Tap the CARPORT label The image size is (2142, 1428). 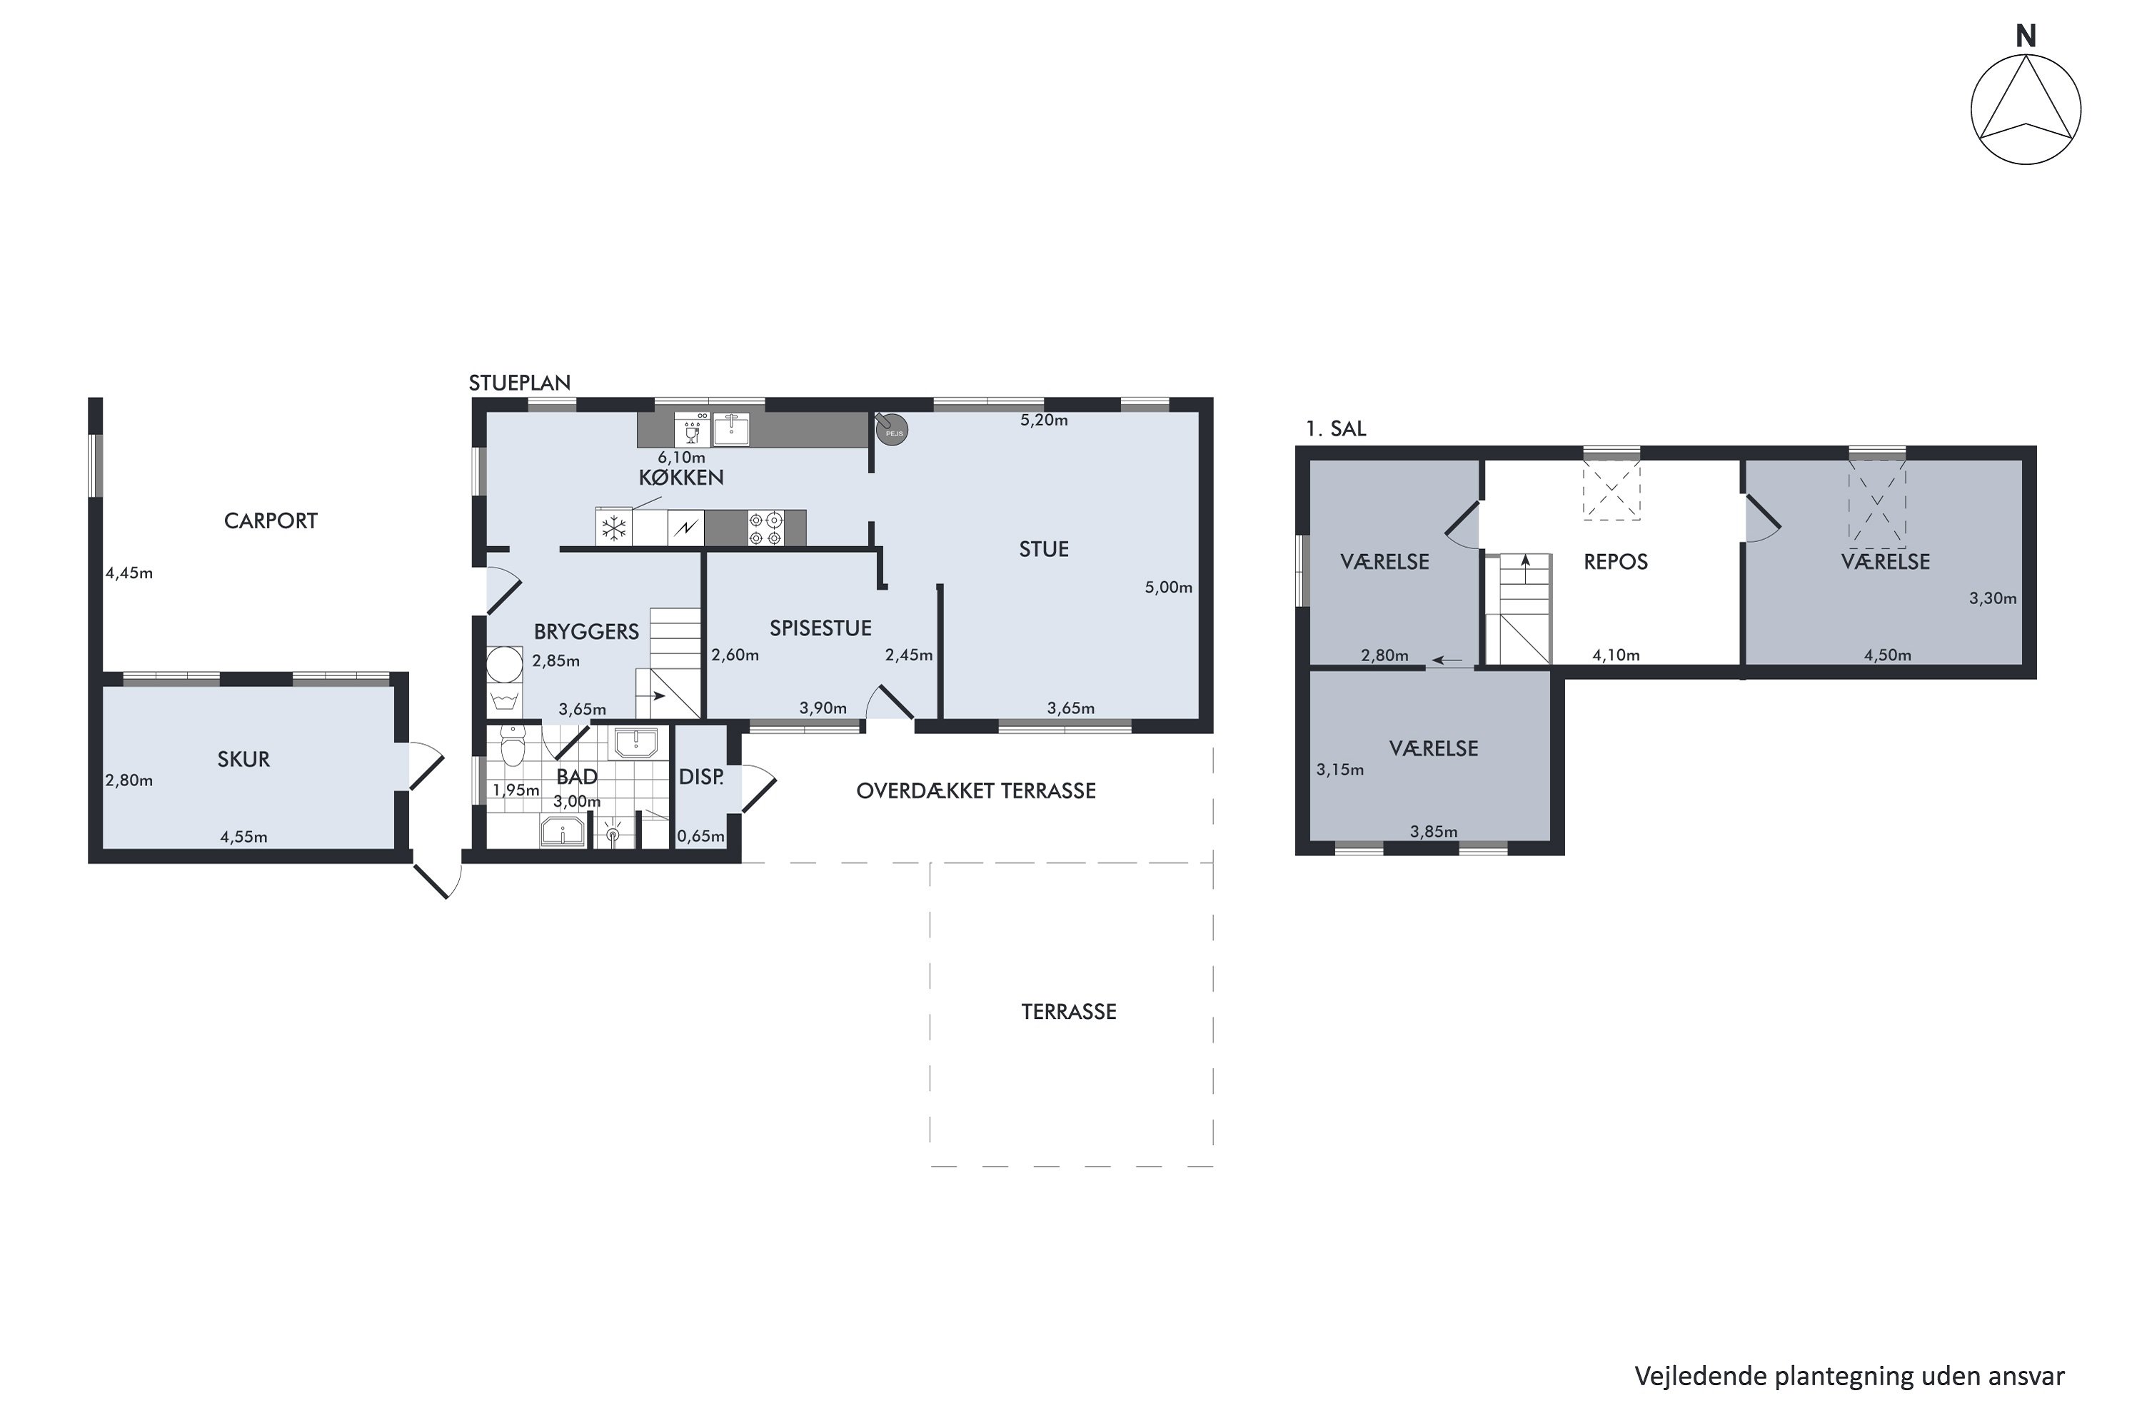point(271,521)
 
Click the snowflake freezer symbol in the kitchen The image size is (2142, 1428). point(615,528)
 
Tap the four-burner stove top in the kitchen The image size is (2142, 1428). point(765,528)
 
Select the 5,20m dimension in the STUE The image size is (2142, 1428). point(1044,421)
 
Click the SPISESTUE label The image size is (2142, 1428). point(820,628)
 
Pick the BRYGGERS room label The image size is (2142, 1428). point(586,632)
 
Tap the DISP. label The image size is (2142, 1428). point(701,778)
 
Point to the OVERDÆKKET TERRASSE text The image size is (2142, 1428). point(975,791)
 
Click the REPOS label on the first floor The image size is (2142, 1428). point(1616,562)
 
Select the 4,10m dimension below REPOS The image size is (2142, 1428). point(1616,655)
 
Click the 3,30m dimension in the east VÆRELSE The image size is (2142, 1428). point(1993,598)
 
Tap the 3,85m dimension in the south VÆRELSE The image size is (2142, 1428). point(1434,832)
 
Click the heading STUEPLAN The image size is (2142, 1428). point(519,383)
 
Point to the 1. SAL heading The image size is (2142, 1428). point(1335,429)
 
